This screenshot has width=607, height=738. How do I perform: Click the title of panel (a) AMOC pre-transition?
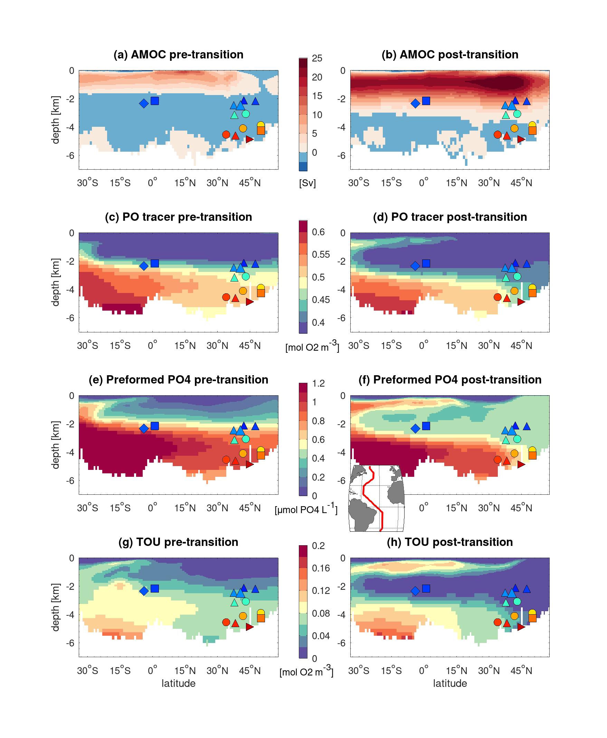pyautogui.click(x=178, y=55)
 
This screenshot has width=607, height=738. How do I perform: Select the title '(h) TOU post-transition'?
pyautogui.click(x=450, y=542)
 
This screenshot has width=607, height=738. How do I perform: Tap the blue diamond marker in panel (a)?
pyautogui.click(x=144, y=104)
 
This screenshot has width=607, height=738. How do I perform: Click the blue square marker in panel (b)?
pyautogui.click(x=426, y=101)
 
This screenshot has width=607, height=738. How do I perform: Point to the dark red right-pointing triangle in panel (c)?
pyautogui.click(x=249, y=302)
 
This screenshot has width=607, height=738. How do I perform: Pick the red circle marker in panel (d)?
pyautogui.click(x=497, y=297)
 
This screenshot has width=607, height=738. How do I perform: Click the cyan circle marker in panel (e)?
pyautogui.click(x=245, y=439)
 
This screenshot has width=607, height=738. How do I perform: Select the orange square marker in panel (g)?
pyautogui.click(x=261, y=618)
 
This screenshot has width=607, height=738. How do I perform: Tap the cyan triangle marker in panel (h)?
pyautogui.click(x=505, y=602)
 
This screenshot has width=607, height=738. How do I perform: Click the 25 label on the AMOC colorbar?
pyautogui.click(x=317, y=58)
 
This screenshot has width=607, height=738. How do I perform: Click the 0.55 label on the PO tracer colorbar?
pyautogui.click(x=321, y=255)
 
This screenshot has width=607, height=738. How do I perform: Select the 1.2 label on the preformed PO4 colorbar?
pyautogui.click(x=318, y=384)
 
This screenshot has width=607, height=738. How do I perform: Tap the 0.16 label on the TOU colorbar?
pyautogui.click(x=321, y=568)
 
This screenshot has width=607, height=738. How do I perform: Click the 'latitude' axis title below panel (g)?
pyautogui.click(x=178, y=683)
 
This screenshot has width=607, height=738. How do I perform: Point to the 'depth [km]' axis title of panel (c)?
pyautogui.click(x=56, y=282)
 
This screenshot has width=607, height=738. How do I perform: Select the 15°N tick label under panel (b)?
pyautogui.click(x=456, y=183)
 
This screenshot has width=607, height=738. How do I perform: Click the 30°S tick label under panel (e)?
pyautogui.click(x=87, y=508)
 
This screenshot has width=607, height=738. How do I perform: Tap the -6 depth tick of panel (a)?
pyautogui.click(x=71, y=155)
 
